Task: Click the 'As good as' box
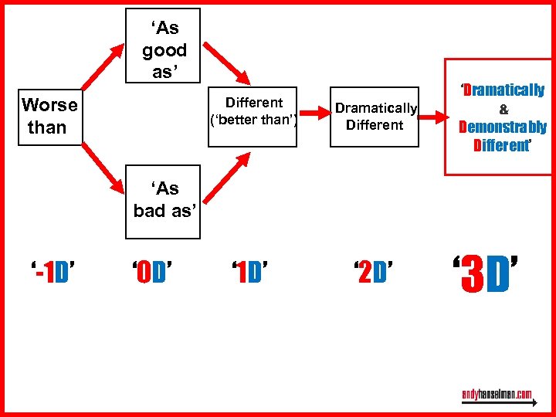(163, 46)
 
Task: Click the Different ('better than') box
(253, 111)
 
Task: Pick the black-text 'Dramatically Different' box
(375, 117)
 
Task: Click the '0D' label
(151, 273)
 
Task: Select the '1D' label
(249, 273)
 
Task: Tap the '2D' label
(373, 273)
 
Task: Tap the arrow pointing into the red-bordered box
(432, 117)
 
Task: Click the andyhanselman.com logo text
(497, 395)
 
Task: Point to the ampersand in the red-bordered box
(503, 110)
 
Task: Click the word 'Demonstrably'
(503, 127)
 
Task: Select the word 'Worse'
(50, 105)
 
